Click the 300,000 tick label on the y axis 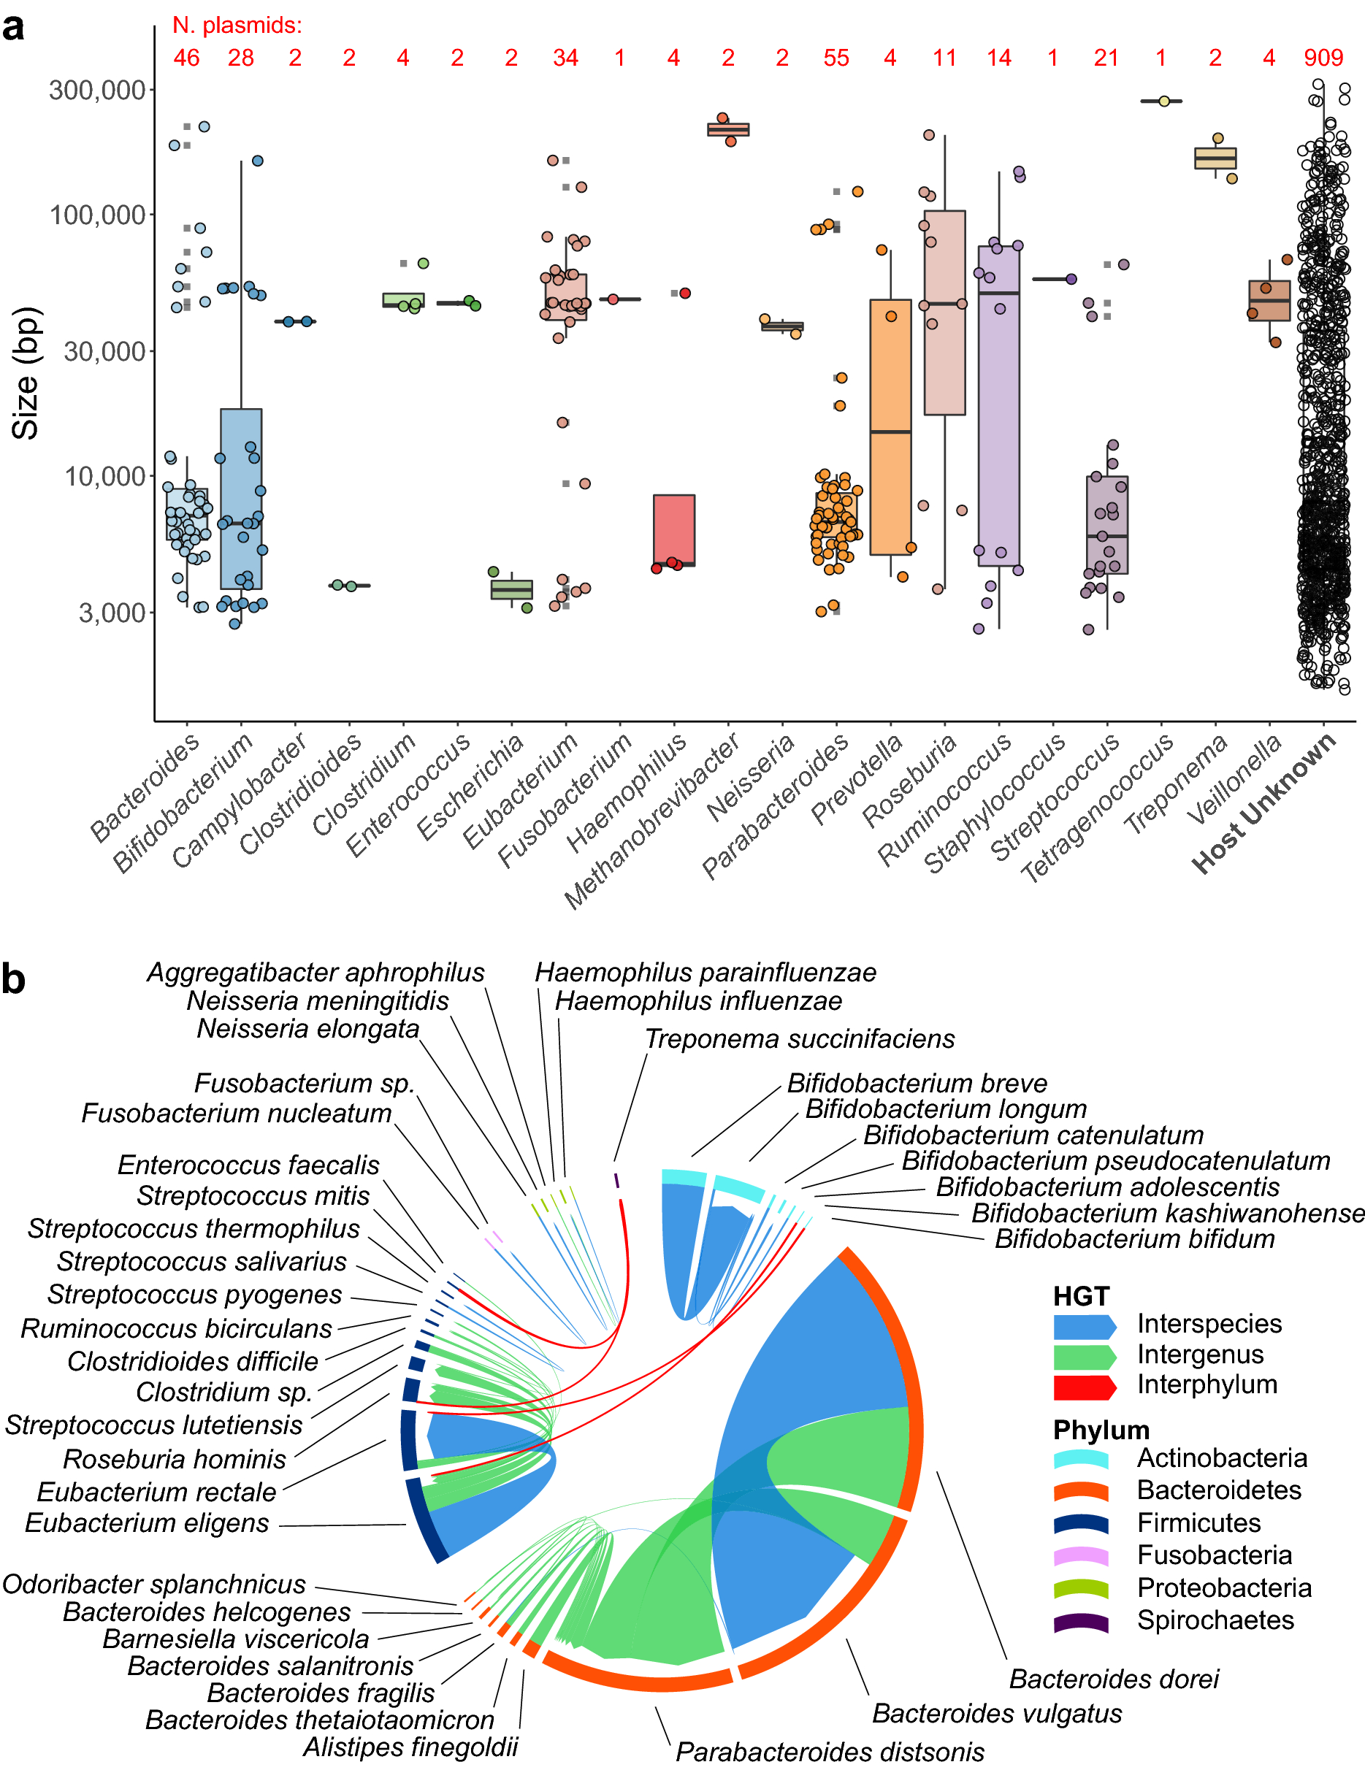click(x=97, y=90)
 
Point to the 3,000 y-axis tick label click(x=112, y=613)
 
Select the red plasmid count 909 click(x=1323, y=58)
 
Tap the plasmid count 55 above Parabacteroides click(x=836, y=58)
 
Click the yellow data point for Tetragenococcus click(x=1164, y=101)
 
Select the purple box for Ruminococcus click(x=998, y=405)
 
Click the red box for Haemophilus click(x=673, y=530)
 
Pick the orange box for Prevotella click(x=890, y=427)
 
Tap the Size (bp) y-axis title click(x=26, y=373)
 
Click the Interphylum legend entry click(x=1206, y=1384)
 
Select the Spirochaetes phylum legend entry click(x=1215, y=1620)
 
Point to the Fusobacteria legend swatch click(x=1080, y=1555)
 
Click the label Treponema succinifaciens click(x=799, y=1039)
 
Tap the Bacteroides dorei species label click(x=1113, y=1679)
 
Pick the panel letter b click(x=14, y=979)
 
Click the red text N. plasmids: click(x=237, y=25)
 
